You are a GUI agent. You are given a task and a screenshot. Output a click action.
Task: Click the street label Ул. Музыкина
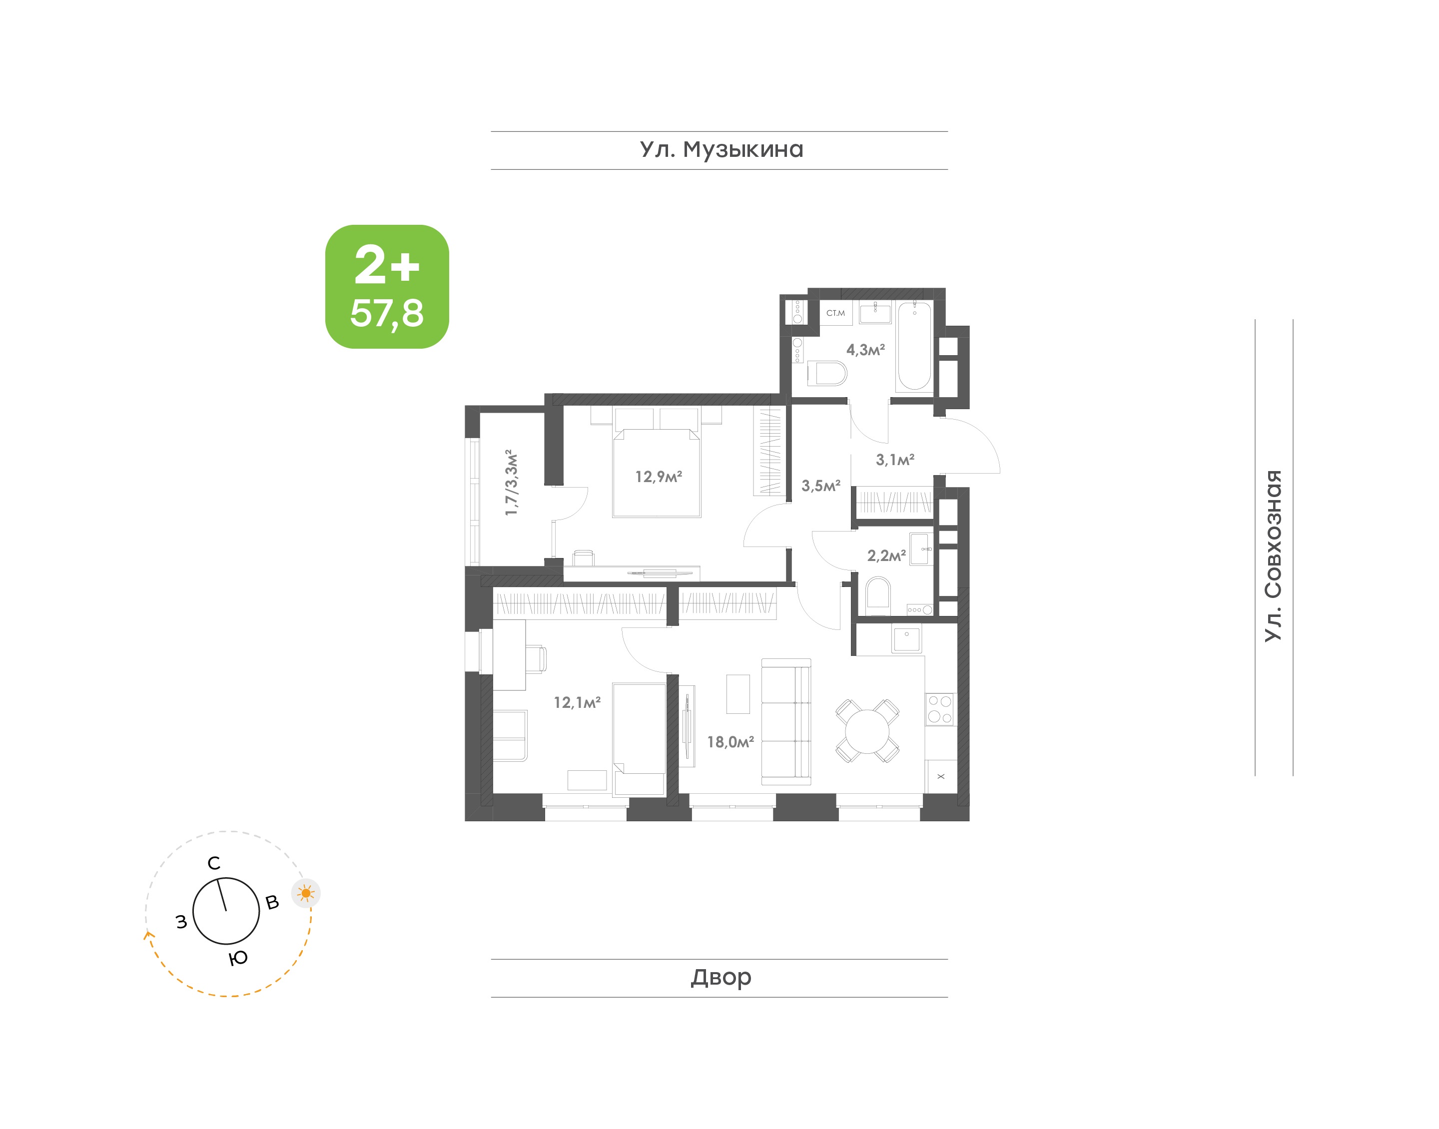click(x=720, y=150)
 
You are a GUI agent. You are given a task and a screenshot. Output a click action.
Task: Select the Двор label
click(x=720, y=977)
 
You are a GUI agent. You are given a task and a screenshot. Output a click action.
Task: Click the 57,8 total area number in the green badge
click(x=387, y=313)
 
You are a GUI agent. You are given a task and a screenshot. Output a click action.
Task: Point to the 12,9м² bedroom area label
click(x=659, y=477)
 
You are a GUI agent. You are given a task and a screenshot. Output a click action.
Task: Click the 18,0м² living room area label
click(x=730, y=742)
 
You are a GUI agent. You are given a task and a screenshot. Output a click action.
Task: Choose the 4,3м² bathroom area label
click(x=865, y=350)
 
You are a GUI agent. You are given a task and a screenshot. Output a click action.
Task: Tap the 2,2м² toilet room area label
click(x=886, y=556)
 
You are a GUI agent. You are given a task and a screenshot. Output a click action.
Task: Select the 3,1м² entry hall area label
click(x=895, y=460)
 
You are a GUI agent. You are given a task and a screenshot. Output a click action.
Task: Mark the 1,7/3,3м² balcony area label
click(x=511, y=483)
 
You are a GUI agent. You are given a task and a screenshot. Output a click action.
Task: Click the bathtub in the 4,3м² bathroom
click(x=914, y=345)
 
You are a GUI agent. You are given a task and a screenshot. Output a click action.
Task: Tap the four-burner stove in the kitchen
click(x=939, y=709)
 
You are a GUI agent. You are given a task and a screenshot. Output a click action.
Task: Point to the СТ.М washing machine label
click(x=835, y=313)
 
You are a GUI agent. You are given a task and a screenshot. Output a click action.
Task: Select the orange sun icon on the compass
click(x=306, y=893)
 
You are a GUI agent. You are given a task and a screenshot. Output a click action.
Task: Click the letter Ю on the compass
click(x=238, y=958)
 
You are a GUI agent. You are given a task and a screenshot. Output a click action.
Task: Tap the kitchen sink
click(x=906, y=638)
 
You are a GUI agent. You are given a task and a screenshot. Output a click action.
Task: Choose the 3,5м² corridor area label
click(x=821, y=486)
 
